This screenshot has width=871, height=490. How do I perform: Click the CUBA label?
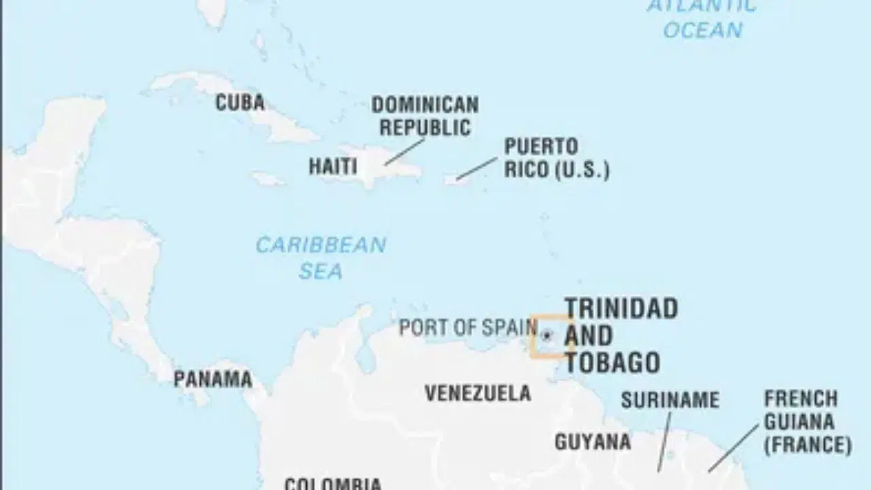pos(240,103)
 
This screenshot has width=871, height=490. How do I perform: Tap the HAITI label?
pos(333,166)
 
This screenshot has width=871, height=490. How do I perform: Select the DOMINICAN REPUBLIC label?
pos(425,116)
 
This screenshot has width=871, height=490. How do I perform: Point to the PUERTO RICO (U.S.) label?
pos(556,158)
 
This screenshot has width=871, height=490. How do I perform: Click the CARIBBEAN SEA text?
pos(321,258)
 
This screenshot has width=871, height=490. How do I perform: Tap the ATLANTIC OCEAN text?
pos(702,18)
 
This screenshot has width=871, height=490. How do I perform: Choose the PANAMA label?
pos(212,379)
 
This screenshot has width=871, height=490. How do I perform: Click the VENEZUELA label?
pos(478,393)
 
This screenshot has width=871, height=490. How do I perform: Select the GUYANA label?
pos(592,442)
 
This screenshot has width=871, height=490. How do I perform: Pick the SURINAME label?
pos(670,399)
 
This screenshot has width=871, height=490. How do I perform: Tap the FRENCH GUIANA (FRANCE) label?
pos(807,422)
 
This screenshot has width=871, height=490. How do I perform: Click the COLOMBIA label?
pos(333,484)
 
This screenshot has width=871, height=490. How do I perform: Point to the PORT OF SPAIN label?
pos(467,327)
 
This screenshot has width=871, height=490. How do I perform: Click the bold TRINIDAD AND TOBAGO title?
pos(621,336)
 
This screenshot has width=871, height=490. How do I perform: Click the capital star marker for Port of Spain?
pos(546,335)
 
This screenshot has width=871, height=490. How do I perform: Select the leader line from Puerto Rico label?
pos(476,169)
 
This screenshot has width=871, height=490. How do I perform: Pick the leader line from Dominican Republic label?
pos(404,152)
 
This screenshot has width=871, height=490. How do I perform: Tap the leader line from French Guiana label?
pos(733,447)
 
